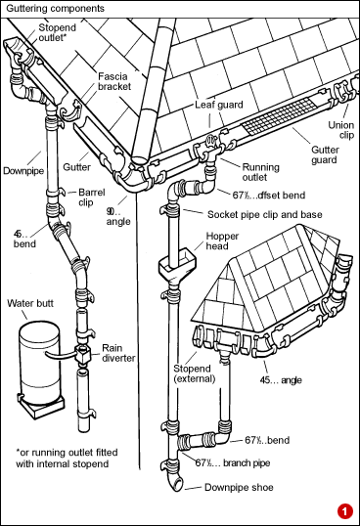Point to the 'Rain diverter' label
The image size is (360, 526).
pos(118,353)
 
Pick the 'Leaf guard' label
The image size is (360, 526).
pos(217,102)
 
